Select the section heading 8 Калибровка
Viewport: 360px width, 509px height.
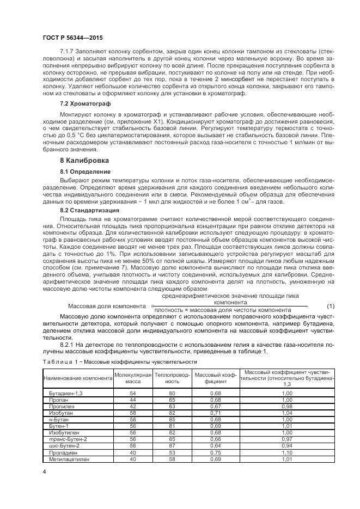tap(84, 161)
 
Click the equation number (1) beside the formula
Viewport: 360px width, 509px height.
tap(330, 306)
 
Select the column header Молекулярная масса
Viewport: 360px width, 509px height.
tap(132, 375)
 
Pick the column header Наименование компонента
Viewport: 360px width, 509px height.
tap(77, 376)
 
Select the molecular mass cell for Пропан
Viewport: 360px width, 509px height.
tap(132, 400)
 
